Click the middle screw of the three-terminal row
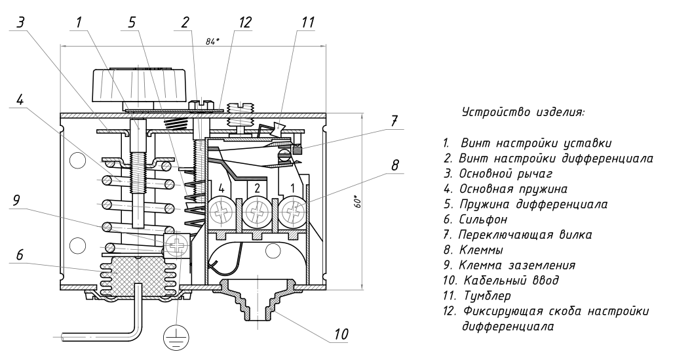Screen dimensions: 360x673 257,212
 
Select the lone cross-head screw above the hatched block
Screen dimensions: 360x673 177,246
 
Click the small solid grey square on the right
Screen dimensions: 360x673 298,151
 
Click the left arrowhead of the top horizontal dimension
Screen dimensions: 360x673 62,46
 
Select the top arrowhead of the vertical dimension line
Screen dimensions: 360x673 362,115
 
